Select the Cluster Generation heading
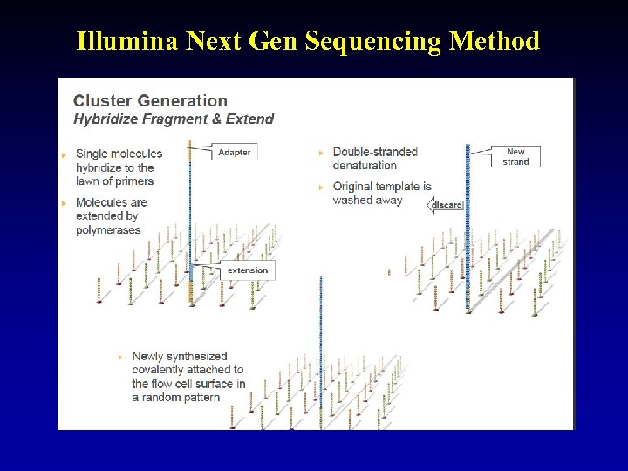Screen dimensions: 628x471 150,101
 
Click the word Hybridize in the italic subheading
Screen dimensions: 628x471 105,119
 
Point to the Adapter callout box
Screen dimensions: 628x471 234,152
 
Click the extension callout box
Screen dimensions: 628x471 248,270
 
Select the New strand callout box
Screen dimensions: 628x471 515,157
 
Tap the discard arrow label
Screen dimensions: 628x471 447,205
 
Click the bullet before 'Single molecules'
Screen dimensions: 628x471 64,154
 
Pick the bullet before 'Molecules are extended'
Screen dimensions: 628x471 64,203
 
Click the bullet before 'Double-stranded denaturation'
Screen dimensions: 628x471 321,153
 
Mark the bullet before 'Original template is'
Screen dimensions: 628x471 321,187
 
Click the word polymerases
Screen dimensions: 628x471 108,230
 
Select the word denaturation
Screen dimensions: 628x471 365,166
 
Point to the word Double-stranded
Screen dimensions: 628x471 375,152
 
